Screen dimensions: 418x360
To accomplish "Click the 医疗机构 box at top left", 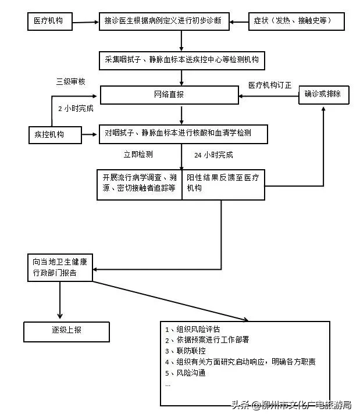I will pos(53,22).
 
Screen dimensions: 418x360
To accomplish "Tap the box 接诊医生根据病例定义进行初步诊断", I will pos(163,22).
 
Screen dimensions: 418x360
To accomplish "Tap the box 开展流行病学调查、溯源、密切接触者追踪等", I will pos(140,184).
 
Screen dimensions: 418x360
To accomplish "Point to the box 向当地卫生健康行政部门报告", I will pos(60,266).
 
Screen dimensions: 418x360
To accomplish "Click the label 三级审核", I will pos(71,81).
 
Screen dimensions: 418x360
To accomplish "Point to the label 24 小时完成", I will pos(213,155).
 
